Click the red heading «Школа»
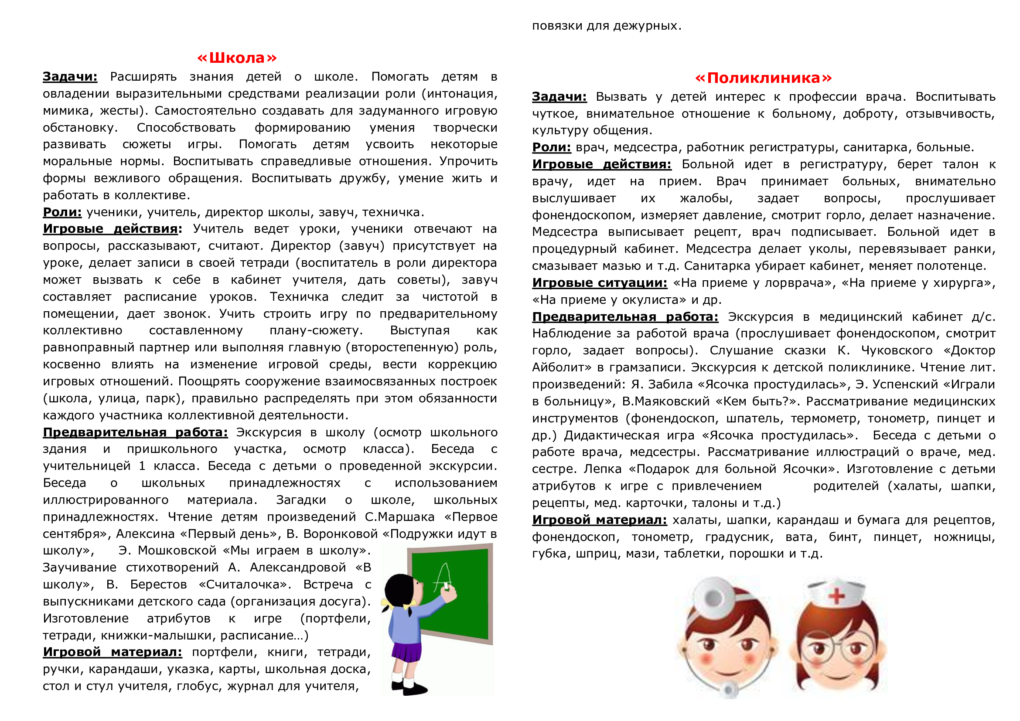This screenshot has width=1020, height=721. tap(237, 58)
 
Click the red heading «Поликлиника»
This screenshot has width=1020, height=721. tap(763, 78)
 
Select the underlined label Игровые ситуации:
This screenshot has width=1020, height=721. tap(599, 283)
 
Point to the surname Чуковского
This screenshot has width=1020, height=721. tap(897, 350)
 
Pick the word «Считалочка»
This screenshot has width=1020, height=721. tap(244, 584)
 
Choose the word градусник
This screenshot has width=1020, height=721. tap(739, 537)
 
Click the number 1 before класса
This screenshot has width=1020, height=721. tap(142, 466)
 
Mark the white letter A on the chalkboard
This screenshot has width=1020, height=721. tap(443, 577)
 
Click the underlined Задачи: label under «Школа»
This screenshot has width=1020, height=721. tap(70, 77)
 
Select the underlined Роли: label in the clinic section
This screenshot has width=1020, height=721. tap(551, 147)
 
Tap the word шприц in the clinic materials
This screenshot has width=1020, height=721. tap(593, 554)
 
